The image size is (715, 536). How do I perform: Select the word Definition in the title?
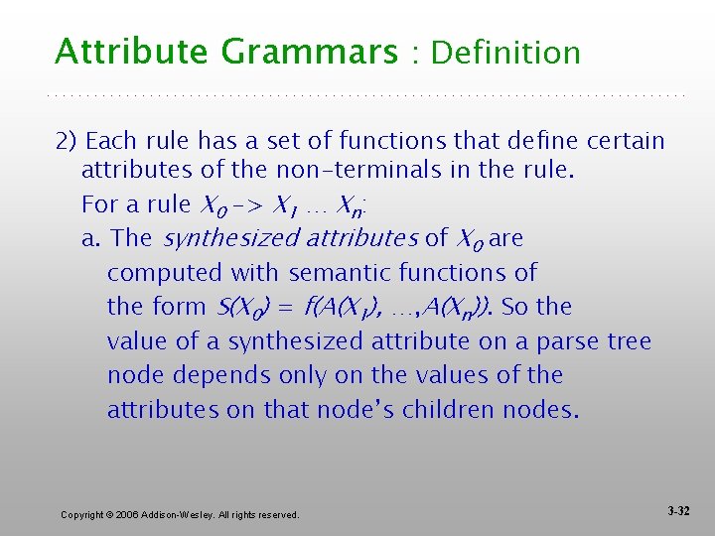[x=506, y=52]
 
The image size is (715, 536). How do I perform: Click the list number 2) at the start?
[x=68, y=141]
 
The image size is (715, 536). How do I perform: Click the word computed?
[x=165, y=272]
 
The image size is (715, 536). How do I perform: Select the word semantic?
[x=337, y=272]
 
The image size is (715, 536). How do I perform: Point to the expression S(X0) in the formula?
[x=239, y=307]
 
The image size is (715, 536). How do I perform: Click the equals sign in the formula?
[x=285, y=307]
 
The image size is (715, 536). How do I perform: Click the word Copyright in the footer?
[x=82, y=514]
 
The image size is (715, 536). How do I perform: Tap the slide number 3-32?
[x=679, y=511]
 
